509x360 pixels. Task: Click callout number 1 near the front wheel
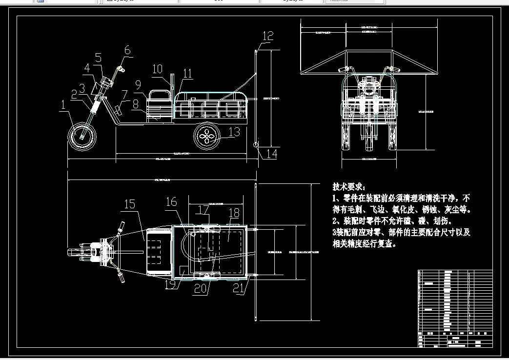coord(63,104)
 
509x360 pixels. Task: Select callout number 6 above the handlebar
coord(127,49)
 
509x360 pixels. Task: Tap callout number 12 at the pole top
coord(268,36)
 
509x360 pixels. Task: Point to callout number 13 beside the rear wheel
coord(234,132)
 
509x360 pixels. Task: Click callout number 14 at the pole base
coord(271,154)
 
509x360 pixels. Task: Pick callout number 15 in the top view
coord(129,204)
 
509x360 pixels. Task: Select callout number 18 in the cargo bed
coord(234,213)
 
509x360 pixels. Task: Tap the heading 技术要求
coord(348,187)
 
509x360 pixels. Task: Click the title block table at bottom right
coord(455,308)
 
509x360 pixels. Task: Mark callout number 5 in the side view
coord(98,58)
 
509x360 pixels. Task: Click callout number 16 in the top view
coord(171,201)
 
